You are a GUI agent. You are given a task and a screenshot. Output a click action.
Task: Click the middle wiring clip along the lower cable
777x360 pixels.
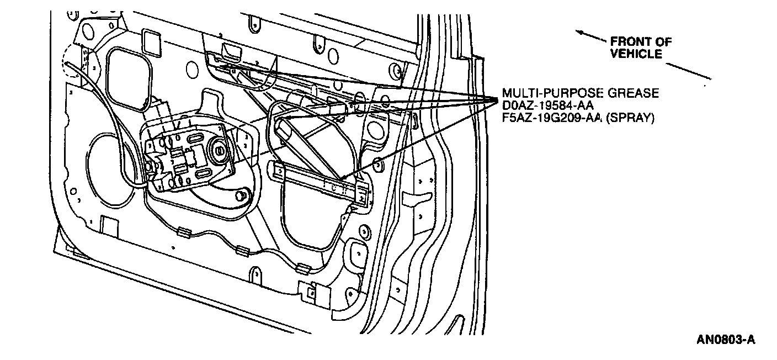pos(242,251)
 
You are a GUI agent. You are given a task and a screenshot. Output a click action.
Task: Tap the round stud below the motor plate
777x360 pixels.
pos(239,196)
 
